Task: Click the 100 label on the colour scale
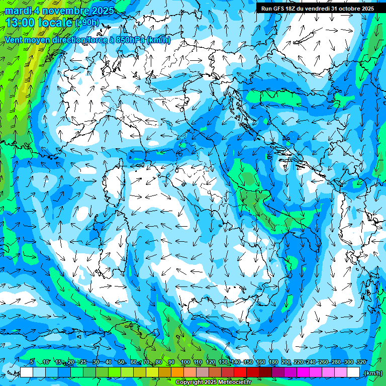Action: tap(185, 362)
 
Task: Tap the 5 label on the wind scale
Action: tap(32, 362)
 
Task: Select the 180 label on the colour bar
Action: tap(273, 362)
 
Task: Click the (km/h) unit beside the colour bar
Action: tap(373, 372)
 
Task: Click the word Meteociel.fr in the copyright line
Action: tap(242, 382)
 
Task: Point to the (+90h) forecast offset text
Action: tap(87, 23)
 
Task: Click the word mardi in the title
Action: tap(17, 10)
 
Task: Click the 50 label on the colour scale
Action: tap(121, 362)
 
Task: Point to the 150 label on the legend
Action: tap(248, 362)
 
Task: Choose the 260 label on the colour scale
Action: tap(324, 362)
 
